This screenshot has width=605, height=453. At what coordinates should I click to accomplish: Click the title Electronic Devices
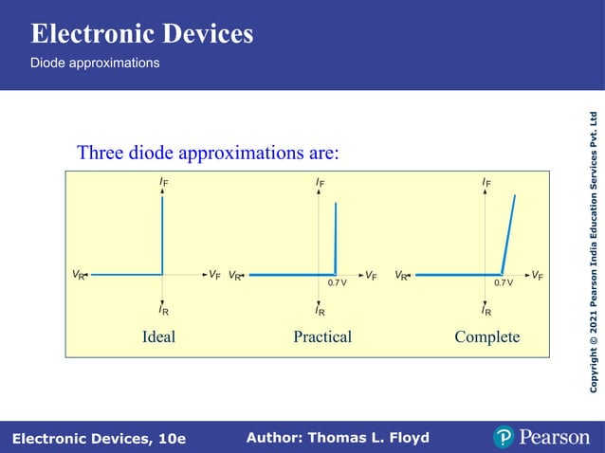pos(142,34)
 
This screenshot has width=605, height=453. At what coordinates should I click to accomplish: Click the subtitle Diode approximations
pos(95,63)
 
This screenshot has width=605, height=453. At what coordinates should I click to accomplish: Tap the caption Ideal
pos(158,336)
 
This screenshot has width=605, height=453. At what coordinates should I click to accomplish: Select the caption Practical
pos(322,336)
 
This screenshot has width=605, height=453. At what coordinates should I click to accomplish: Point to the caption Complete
pos(487,336)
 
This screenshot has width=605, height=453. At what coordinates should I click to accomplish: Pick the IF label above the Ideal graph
pos(164,182)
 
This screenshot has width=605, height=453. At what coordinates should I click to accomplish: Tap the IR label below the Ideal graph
pos(164,309)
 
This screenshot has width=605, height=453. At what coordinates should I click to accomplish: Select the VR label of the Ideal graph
pos(79,275)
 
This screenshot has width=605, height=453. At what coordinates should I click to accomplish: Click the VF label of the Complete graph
pos(538,275)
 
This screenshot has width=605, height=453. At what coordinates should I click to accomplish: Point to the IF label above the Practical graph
pos(321,182)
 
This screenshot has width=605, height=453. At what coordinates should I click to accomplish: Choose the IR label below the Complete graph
pos(486,309)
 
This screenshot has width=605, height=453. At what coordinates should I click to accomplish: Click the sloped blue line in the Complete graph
pos(509,234)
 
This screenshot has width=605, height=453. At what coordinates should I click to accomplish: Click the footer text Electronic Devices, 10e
pos(100,439)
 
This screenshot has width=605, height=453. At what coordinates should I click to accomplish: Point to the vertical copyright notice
pos(594,251)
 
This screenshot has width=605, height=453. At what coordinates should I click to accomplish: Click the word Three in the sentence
pos(99,153)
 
